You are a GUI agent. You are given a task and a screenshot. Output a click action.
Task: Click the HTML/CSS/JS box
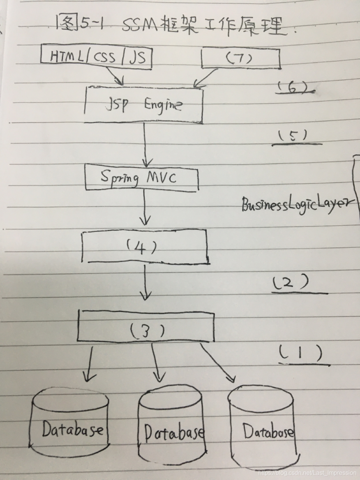tap(96, 57)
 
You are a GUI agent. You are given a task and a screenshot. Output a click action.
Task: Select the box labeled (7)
tap(241, 58)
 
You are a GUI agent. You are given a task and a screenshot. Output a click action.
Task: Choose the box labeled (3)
tap(145, 326)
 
